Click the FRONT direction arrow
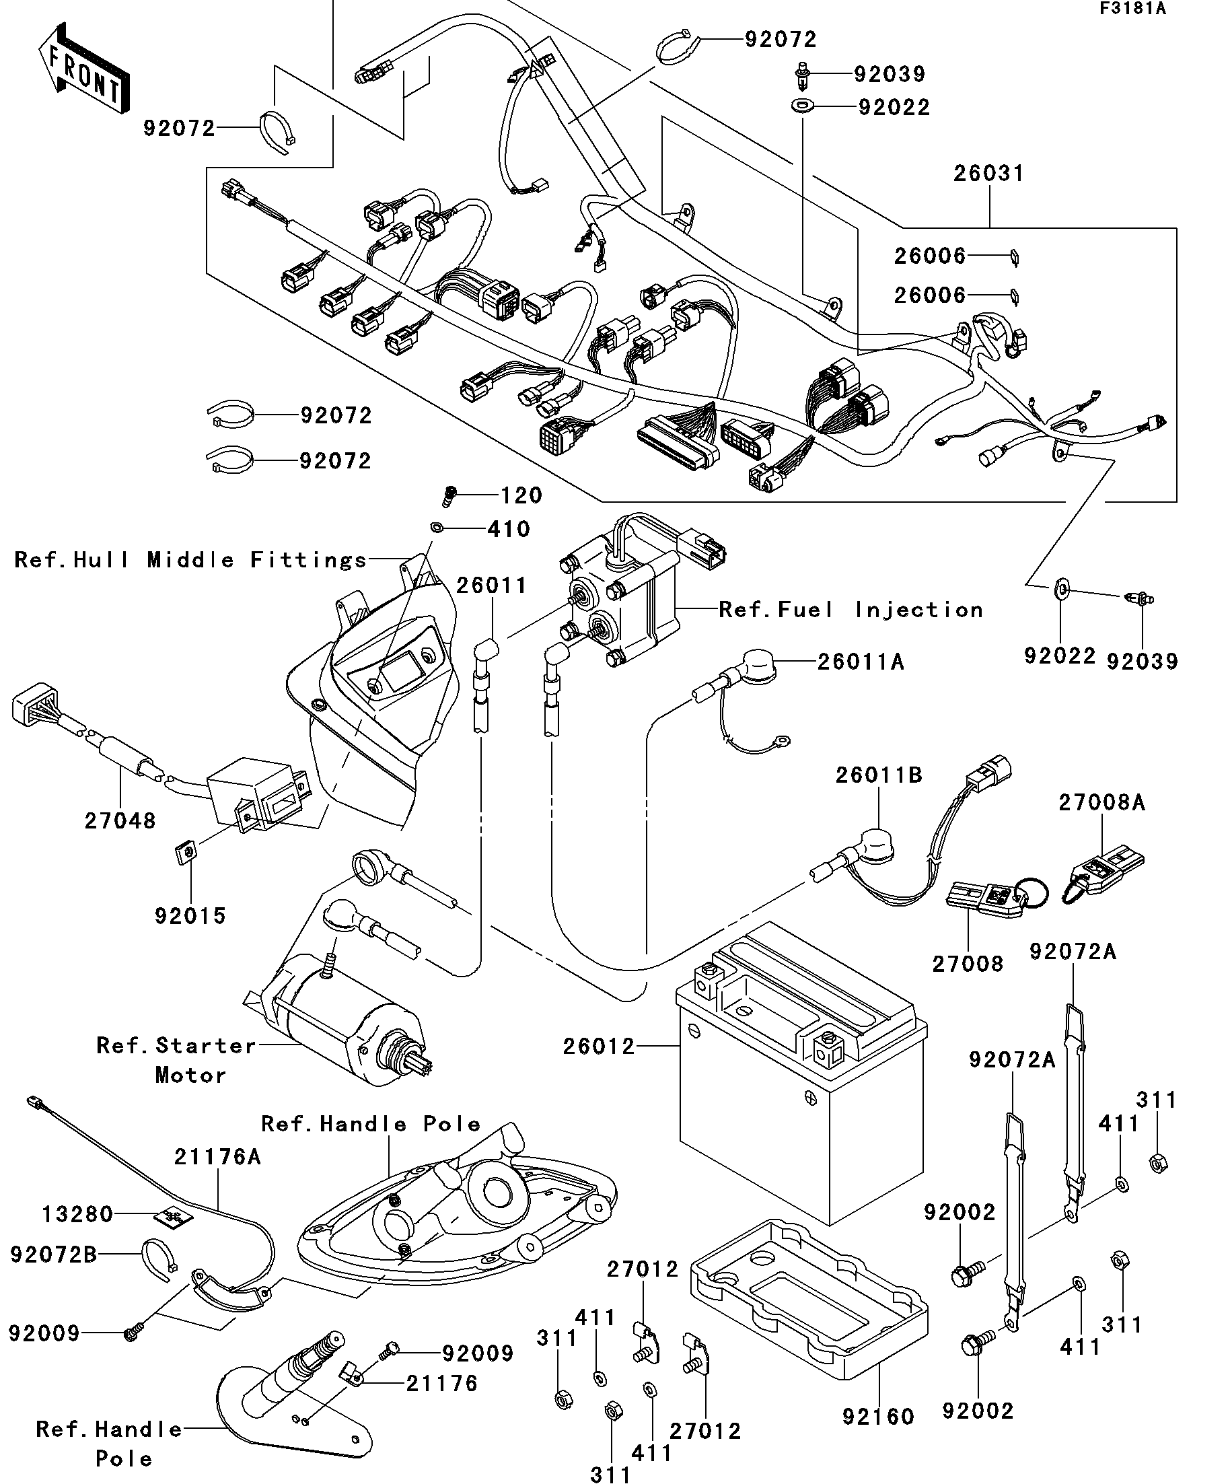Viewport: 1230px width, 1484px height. click(83, 69)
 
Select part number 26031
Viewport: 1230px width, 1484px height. click(988, 173)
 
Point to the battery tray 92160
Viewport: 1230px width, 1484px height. click(809, 1307)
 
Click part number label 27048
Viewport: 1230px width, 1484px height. click(120, 820)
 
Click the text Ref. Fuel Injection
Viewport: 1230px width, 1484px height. click(851, 610)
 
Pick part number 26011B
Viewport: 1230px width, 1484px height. click(879, 775)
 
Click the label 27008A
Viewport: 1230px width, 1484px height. click(1101, 803)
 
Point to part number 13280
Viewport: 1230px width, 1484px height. click(77, 1215)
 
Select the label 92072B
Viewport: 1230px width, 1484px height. click(54, 1255)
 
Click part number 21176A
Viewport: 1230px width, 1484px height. click(217, 1157)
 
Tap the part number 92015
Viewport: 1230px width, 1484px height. click(190, 916)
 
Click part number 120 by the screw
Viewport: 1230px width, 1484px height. click(521, 495)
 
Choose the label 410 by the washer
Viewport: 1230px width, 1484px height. click(509, 529)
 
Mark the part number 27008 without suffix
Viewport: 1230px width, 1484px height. click(967, 964)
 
